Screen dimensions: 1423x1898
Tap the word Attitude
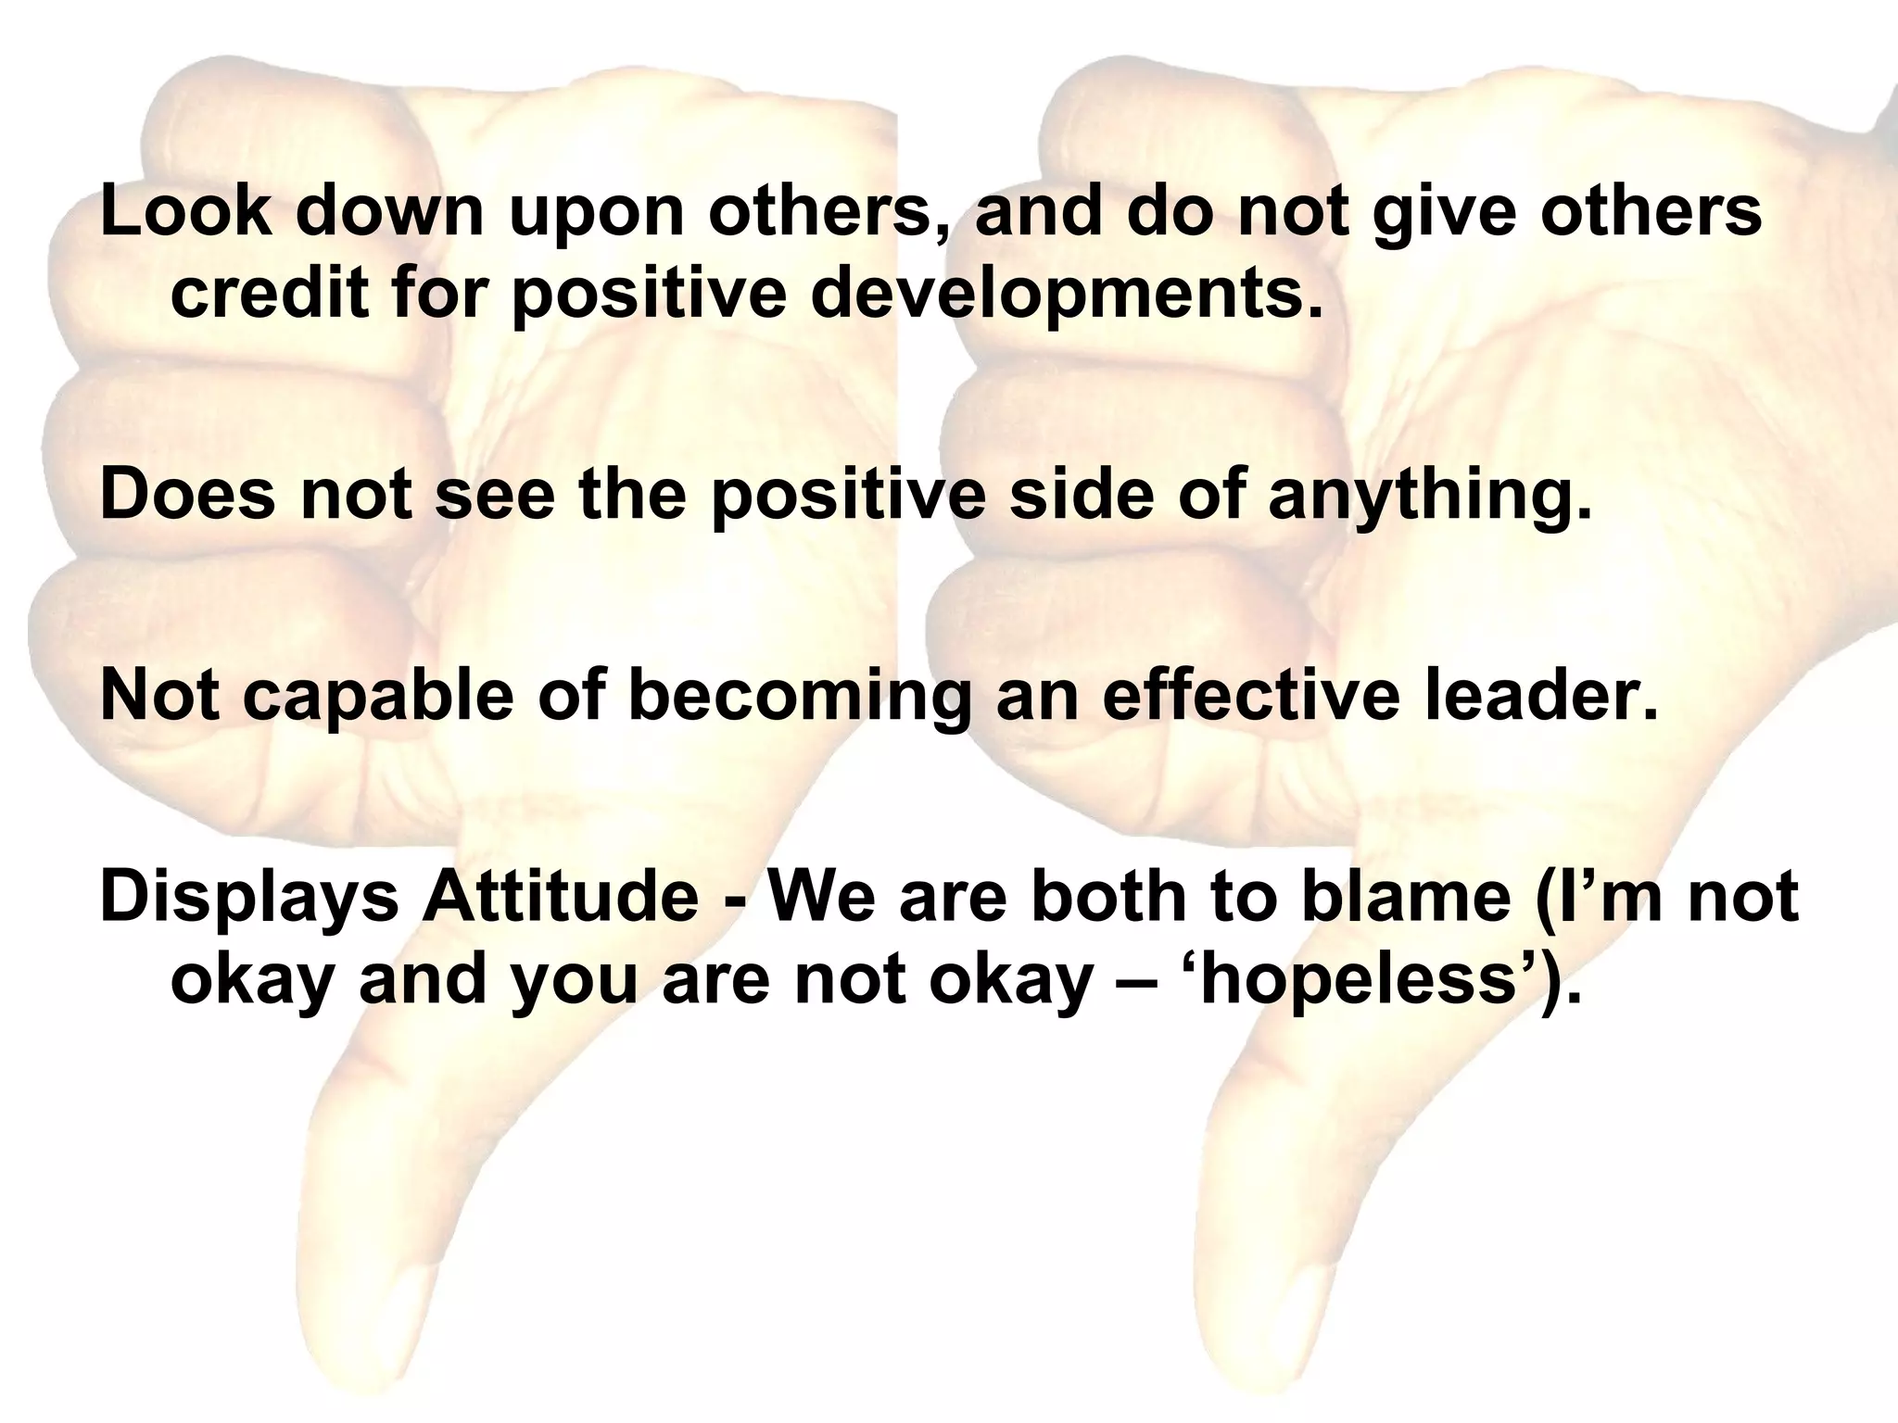point(561,897)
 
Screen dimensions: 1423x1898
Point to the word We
point(816,897)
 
